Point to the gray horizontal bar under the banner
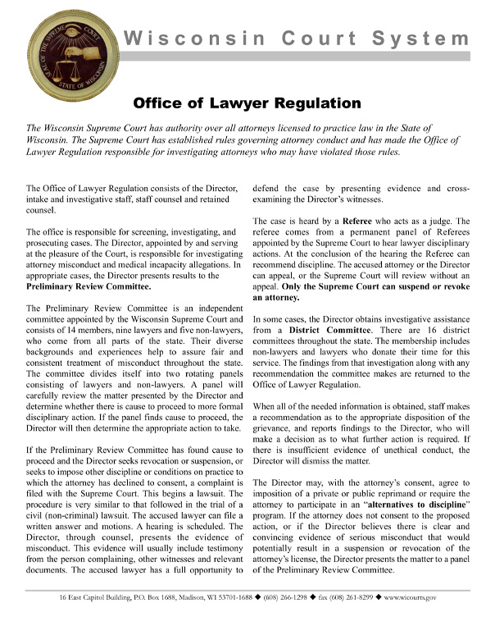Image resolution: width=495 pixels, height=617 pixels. coord(295,57)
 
